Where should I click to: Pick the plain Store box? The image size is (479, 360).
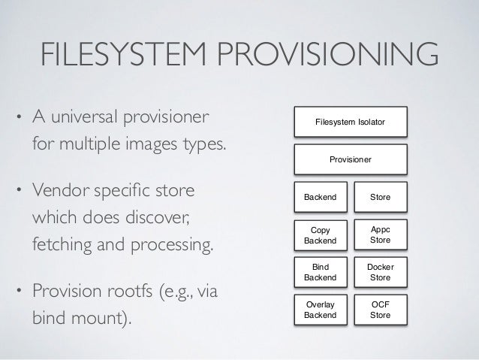[x=380, y=197]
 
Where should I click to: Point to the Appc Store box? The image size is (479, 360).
[x=380, y=236]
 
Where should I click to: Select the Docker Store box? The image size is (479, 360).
[x=380, y=271]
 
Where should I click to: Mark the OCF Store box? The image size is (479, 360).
[x=380, y=308]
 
